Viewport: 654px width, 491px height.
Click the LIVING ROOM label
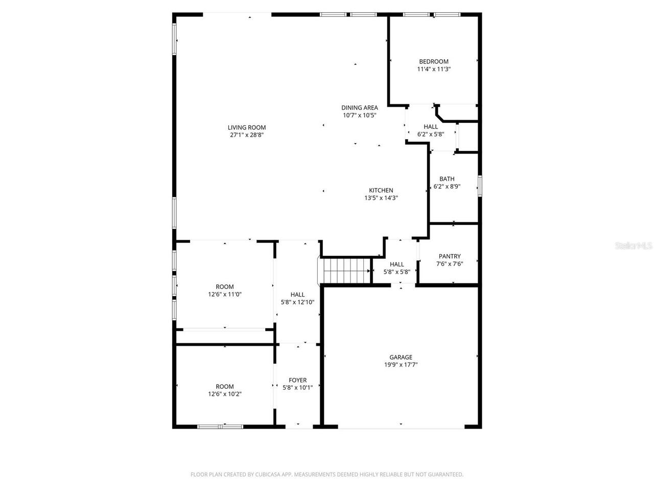[x=247, y=127]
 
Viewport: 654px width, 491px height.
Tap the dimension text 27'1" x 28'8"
[x=247, y=135]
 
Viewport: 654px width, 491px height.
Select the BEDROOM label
[x=434, y=61]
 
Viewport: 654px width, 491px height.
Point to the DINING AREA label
[x=360, y=107]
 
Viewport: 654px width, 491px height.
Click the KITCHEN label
[x=381, y=190]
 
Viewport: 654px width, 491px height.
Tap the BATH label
[x=447, y=179]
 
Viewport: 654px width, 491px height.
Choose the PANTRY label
[x=450, y=256]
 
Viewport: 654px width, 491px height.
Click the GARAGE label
[x=401, y=357]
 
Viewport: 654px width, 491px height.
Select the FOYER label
[x=298, y=380]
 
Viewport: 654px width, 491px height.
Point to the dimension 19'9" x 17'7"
[x=401, y=365]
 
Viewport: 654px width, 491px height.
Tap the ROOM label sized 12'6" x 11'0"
[x=225, y=286]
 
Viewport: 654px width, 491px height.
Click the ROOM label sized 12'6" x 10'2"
[x=225, y=386]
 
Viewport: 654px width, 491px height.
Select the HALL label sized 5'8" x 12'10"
[x=297, y=294]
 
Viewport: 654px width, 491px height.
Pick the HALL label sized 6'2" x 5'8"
[x=431, y=127]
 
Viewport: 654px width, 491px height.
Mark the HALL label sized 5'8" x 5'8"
[x=397, y=264]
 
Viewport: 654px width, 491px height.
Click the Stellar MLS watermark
[x=634, y=246]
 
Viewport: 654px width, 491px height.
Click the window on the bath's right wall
[x=479, y=185]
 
